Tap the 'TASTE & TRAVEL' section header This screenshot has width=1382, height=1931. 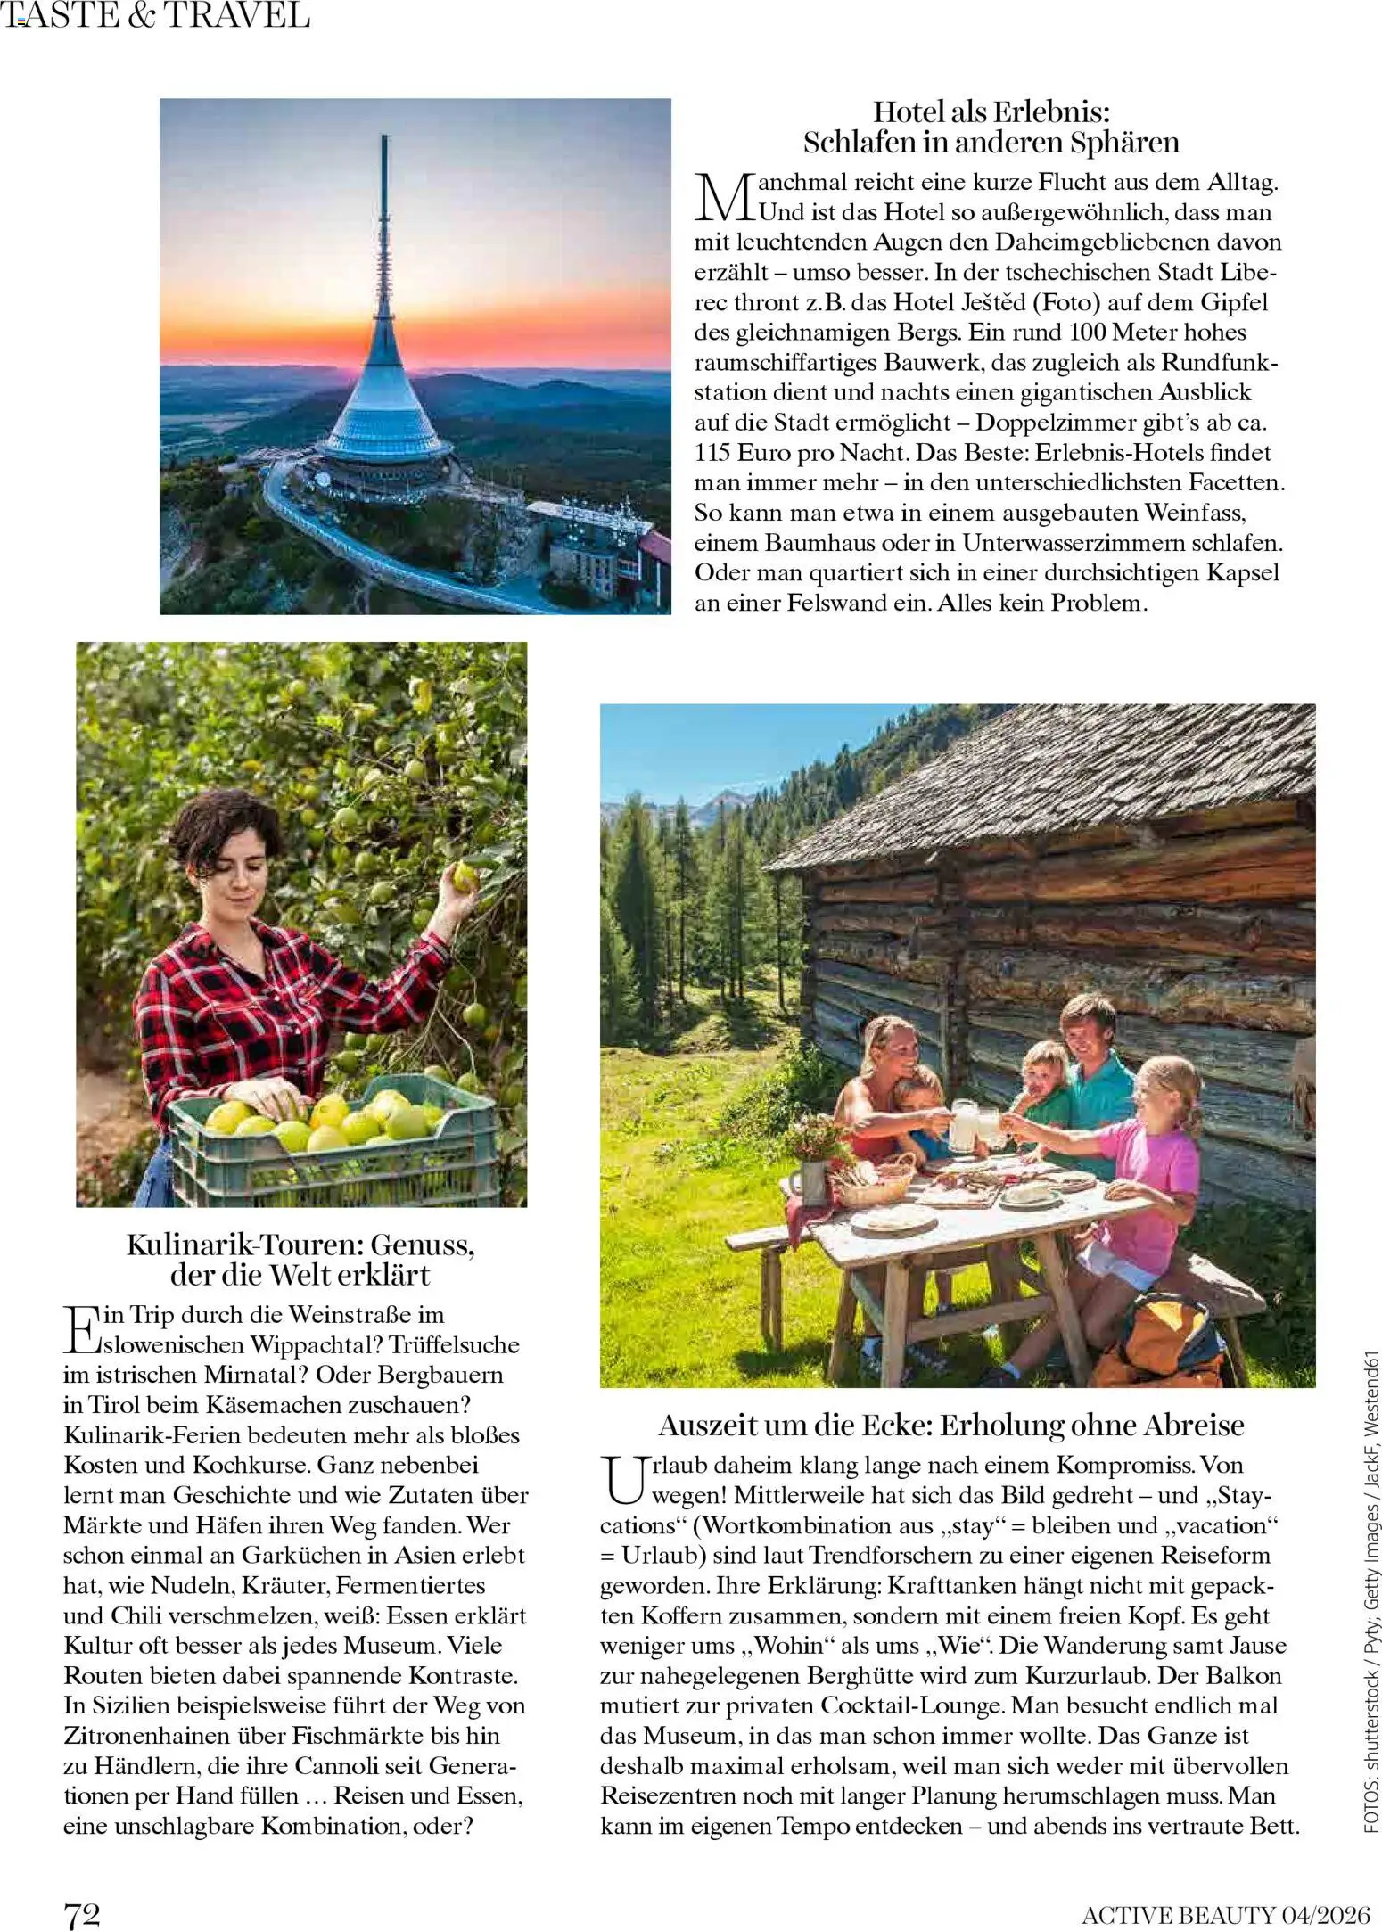(x=157, y=16)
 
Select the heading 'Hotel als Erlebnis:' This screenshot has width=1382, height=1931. (x=991, y=112)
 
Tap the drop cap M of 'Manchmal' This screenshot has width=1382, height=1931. (x=723, y=197)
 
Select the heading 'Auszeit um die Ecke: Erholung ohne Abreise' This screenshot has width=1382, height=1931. (x=950, y=1425)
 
